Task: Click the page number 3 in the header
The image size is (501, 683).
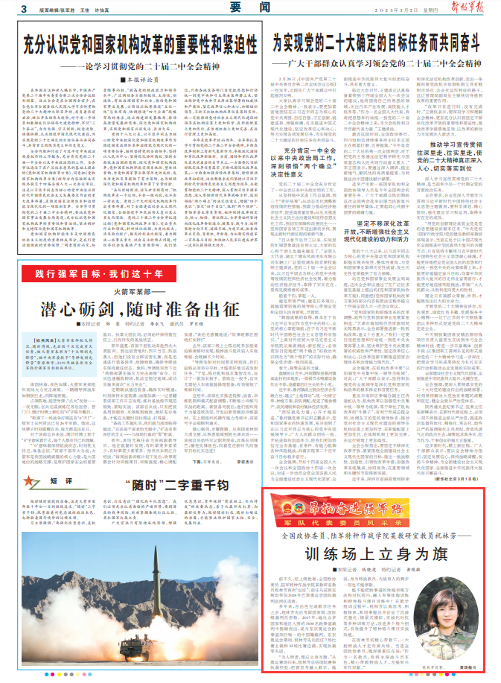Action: [x=24, y=9]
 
